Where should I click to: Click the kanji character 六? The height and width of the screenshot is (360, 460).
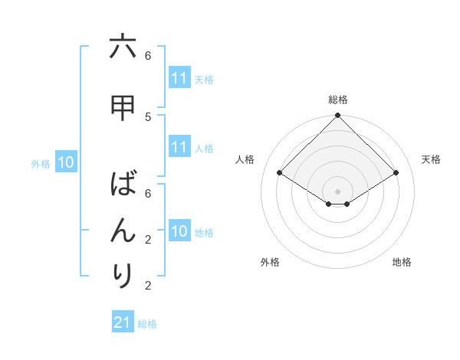pos(123,47)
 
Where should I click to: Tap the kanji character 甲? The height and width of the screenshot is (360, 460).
pos(123,109)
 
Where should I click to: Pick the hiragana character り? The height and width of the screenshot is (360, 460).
pos(123,276)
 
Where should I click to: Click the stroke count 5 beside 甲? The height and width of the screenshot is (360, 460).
pos(148,116)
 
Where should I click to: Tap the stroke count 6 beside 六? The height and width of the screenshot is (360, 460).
pos(148,55)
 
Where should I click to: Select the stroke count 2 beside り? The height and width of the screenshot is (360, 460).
pos(148,286)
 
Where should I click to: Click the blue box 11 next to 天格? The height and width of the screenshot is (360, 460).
pos(179,78)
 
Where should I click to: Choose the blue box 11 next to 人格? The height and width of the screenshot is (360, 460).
pos(179,147)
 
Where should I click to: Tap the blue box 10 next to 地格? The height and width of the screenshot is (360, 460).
pos(179,231)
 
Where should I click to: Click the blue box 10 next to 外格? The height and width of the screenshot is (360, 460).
pos(66,162)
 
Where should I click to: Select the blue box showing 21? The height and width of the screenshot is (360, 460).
pos(123,322)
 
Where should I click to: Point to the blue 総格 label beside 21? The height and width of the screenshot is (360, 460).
pos(147,324)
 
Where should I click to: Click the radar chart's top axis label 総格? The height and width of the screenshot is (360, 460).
pos(338,100)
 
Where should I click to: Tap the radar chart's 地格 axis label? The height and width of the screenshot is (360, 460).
pos(402,262)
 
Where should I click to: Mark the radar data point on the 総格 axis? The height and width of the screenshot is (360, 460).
pos(338,116)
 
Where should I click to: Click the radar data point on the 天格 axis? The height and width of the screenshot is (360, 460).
pos(396,173)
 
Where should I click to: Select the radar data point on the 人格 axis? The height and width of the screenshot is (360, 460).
pos(280,173)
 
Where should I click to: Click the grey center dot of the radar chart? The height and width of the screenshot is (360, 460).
pos(338,191)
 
